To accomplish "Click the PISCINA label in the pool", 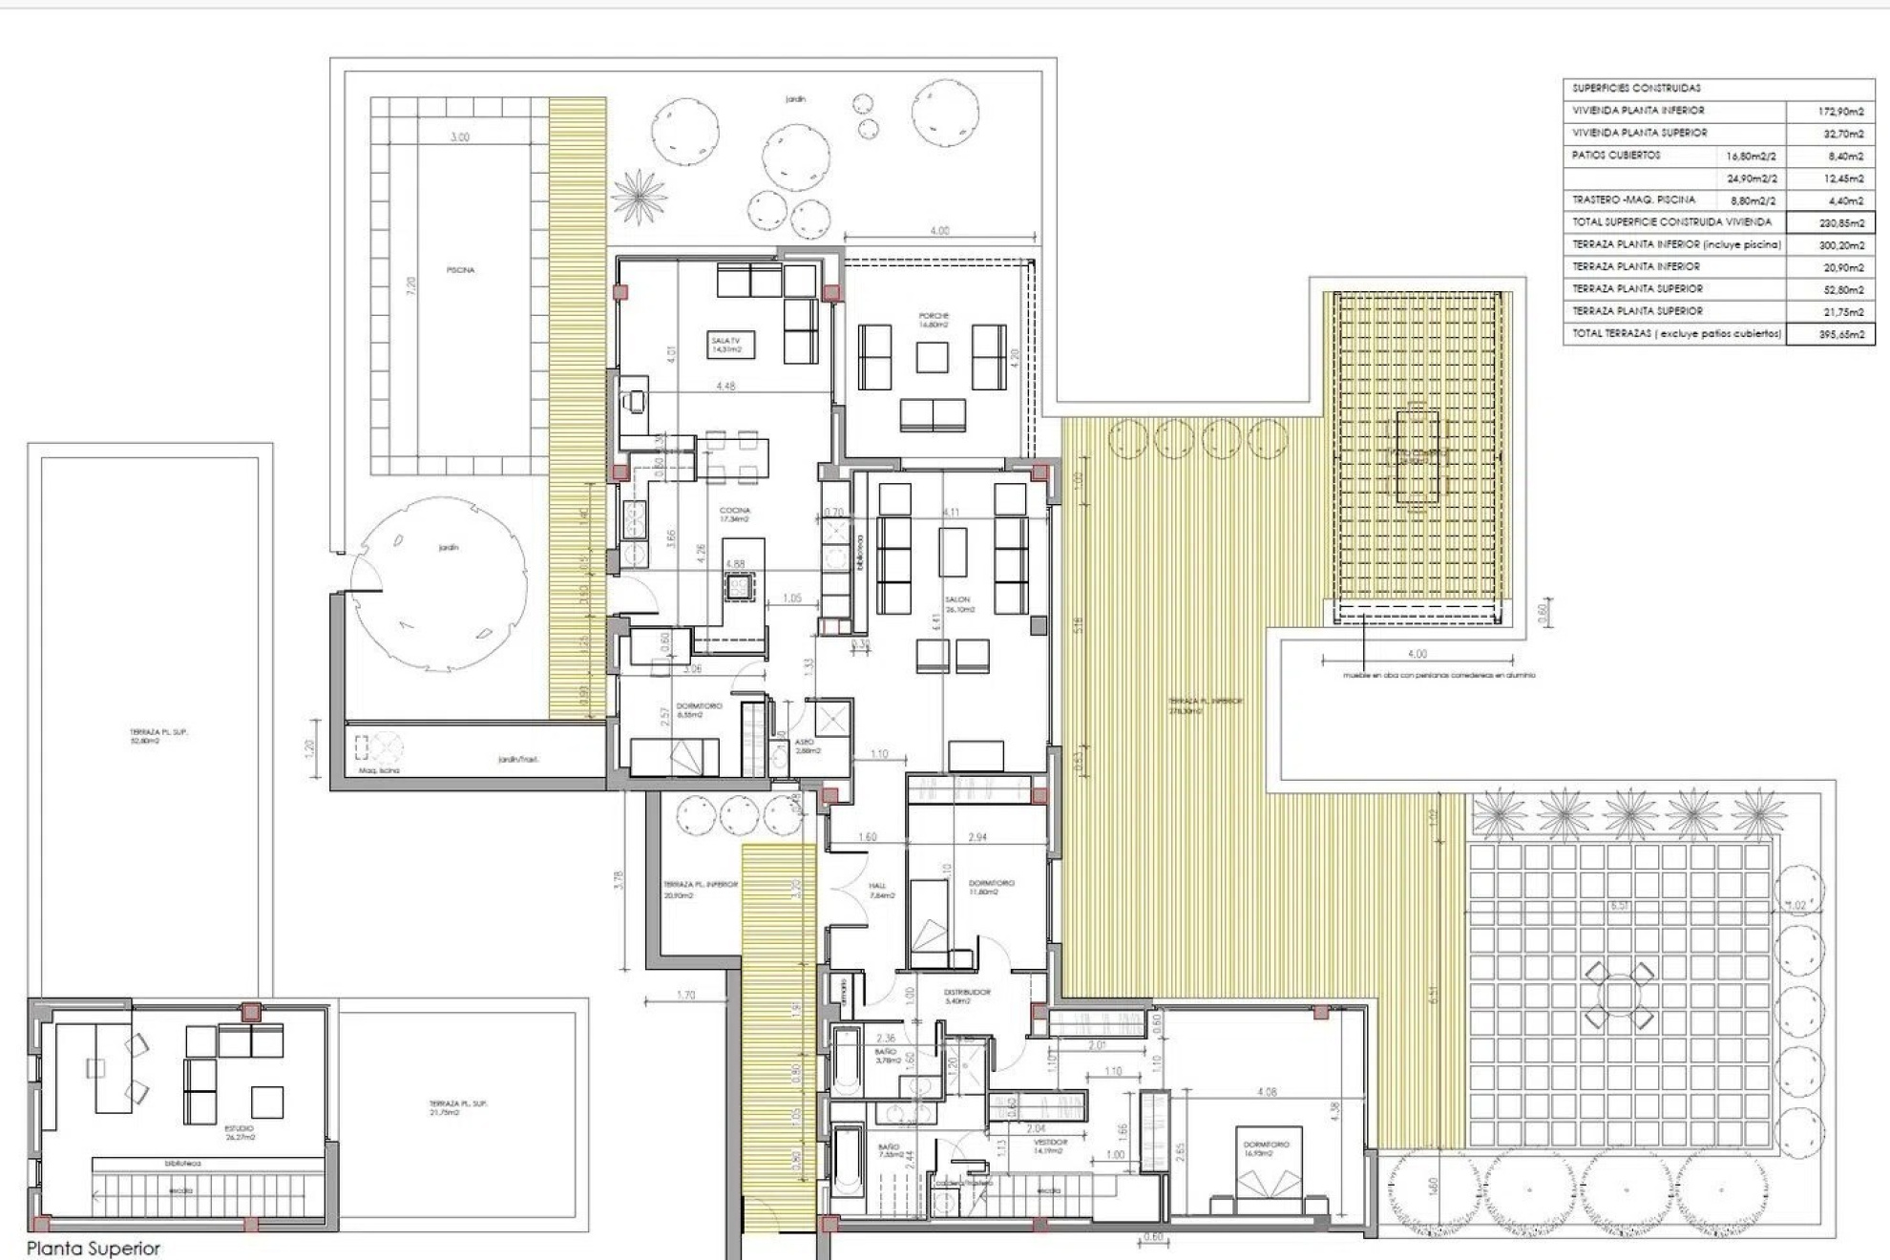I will (460, 270).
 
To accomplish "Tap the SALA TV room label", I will (725, 345).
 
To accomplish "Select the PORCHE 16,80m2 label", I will (934, 320).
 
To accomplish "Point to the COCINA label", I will (735, 514).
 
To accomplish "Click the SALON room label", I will (957, 603).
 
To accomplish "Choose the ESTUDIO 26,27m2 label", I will (239, 1132).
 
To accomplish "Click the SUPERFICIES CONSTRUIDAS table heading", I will (1636, 88).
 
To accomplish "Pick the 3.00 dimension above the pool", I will (459, 137).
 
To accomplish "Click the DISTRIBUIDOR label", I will (967, 996).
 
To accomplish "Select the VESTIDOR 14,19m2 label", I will (1050, 1145).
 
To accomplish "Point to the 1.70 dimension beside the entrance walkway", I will (685, 996).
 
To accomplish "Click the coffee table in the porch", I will (932, 357).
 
